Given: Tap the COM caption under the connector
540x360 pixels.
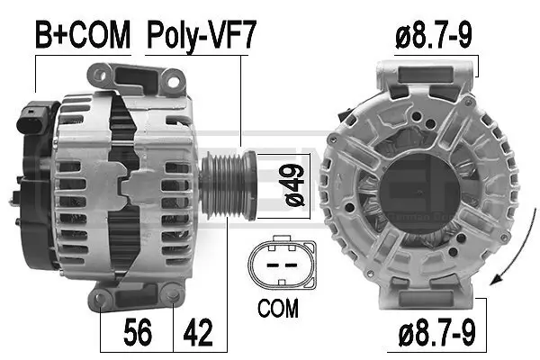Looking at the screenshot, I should coord(278,309).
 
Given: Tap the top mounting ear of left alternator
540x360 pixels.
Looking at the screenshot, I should coord(143,76).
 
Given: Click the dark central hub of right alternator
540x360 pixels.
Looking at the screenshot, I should coord(416,184).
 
